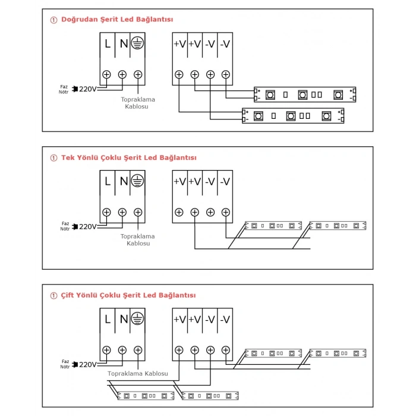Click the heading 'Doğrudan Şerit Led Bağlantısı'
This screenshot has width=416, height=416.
pos(117,20)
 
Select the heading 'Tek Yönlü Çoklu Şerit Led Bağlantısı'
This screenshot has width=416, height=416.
pos(129,157)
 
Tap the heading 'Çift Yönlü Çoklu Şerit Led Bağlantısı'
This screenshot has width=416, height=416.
pos(128,295)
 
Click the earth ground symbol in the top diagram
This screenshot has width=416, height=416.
pos(137,43)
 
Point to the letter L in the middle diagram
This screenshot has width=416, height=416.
pos(108,181)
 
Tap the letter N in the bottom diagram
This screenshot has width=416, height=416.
pos(124,319)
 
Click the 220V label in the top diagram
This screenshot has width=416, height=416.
pos(88,89)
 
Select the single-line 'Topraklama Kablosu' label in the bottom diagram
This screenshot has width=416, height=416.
pos(138,374)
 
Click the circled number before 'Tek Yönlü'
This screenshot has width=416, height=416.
pos(54,158)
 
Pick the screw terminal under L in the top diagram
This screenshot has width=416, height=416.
pos(106,74)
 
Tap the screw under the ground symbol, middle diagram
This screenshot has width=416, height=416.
pos(138,212)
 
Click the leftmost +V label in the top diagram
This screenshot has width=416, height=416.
pos(179,44)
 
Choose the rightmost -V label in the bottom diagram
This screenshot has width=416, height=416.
pos(225,320)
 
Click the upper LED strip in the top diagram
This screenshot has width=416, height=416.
pos(305,94)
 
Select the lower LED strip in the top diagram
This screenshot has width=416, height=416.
pos(293,116)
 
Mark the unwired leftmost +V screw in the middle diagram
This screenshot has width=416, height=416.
pos(179,212)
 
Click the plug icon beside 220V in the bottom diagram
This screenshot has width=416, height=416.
pos(75,364)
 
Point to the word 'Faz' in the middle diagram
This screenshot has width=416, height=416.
pos(65,223)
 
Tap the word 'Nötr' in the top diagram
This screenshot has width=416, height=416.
pos(64,92)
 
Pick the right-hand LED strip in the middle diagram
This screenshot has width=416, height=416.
pos(338,226)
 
